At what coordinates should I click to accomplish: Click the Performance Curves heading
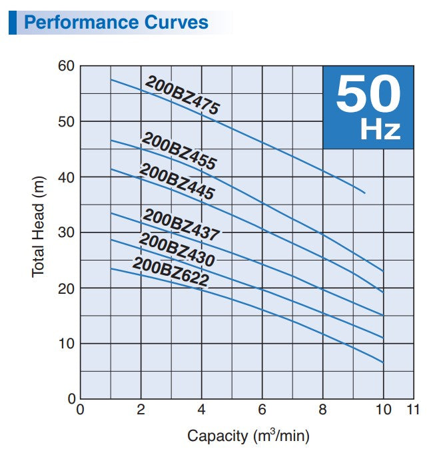(116, 22)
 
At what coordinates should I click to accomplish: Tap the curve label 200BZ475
(182, 97)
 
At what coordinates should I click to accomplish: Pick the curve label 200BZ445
(177, 181)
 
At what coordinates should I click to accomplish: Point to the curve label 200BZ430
(177, 250)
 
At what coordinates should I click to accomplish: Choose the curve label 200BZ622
(170, 272)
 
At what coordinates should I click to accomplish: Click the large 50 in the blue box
(368, 94)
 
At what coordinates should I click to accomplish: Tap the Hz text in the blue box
(380, 130)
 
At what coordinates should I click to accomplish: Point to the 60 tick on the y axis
(67, 66)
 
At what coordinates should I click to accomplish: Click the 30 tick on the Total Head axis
(67, 232)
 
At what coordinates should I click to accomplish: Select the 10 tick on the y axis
(67, 344)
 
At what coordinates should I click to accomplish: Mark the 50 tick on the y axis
(67, 122)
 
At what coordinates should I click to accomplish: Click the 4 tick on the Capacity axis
(202, 410)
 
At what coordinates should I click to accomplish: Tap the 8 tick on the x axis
(323, 410)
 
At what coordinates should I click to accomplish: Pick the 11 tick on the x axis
(413, 410)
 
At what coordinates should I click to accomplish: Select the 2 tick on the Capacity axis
(141, 410)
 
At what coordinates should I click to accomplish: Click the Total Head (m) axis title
(38, 232)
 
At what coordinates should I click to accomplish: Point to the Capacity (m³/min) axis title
(248, 436)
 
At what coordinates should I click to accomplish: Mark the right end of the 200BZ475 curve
(365, 193)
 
